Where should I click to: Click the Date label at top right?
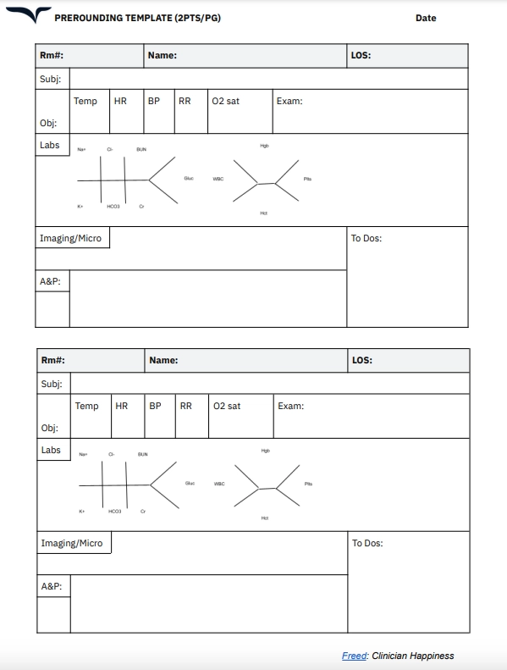point(426,18)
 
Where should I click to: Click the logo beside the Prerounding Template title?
point(30,15)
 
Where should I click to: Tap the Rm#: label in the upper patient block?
point(52,56)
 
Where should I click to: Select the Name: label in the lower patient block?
point(163,361)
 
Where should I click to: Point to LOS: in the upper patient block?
point(361,56)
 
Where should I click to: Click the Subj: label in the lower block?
point(52,384)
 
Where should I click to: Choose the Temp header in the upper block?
point(85,102)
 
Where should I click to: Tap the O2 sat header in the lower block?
point(227,407)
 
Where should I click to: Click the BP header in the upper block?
point(153,102)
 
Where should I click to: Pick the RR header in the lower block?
point(185,407)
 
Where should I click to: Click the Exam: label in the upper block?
point(289,102)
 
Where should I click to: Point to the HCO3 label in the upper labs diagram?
point(113,207)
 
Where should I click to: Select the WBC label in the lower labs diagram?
point(219,484)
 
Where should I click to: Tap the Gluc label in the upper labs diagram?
point(188,178)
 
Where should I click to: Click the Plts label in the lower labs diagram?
point(308,484)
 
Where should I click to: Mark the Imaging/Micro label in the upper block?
point(70,239)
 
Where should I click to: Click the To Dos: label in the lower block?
point(367,544)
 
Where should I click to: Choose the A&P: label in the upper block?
point(50,281)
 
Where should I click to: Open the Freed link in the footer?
point(355,656)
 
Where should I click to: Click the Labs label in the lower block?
point(51,450)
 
